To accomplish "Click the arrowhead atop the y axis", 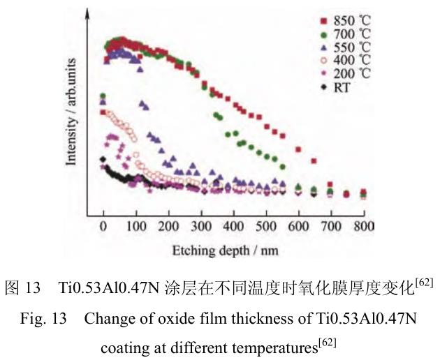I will point(87,12).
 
